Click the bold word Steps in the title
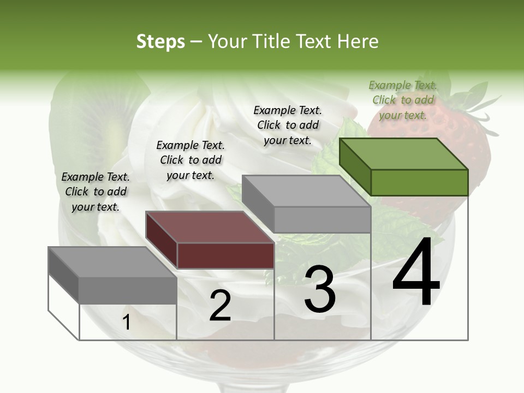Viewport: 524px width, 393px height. point(160,41)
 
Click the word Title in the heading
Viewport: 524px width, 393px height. point(272,41)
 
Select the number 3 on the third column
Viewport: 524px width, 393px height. point(320,289)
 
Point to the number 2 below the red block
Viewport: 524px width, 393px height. point(220,306)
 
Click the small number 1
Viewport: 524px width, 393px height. point(126,323)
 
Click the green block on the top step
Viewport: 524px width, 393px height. point(404,167)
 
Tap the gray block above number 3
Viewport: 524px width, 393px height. point(307,204)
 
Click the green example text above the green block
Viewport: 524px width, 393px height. point(403,100)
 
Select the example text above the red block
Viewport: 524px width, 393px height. point(190,160)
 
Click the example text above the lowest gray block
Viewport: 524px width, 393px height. point(96,192)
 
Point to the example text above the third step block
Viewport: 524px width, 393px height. point(288,125)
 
